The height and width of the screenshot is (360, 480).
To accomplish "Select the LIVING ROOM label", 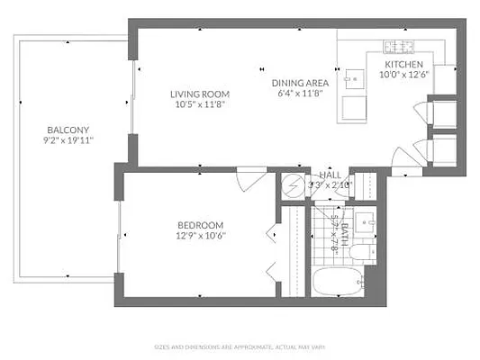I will point(200,94).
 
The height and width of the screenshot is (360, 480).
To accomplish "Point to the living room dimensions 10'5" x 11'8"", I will point(200,104).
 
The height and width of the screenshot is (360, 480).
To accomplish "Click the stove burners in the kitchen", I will point(399,47).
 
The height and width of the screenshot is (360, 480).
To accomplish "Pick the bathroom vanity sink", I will point(365,220).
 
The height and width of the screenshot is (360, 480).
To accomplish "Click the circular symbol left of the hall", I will point(294,186).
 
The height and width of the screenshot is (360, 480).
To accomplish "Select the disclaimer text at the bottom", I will point(240,346).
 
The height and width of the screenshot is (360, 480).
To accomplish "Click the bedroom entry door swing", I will point(247,178).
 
